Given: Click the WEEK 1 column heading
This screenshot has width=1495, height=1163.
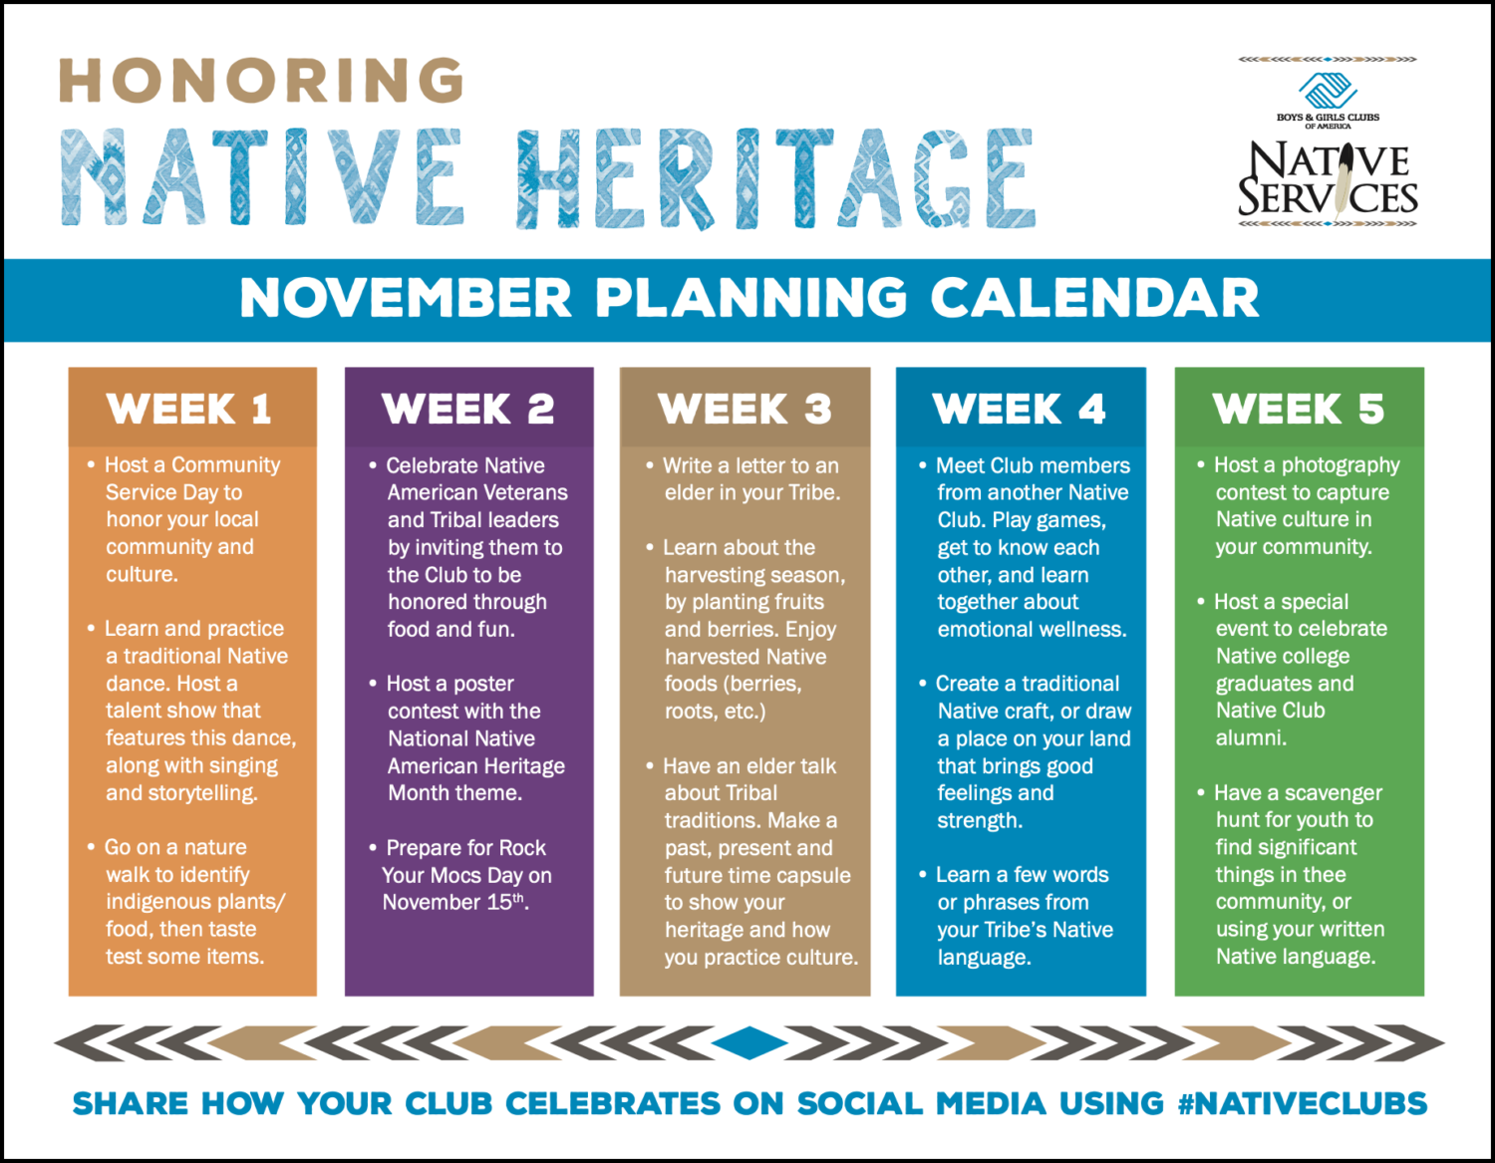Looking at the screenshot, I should (x=189, y=410).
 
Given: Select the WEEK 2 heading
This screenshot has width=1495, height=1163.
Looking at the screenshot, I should (x=468, y=410).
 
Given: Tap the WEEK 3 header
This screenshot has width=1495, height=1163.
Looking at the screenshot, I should (x=745, y=410).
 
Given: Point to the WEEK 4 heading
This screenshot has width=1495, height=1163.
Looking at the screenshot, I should (x=1020, y=410).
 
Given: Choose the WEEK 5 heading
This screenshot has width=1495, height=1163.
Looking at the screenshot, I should (x=1299, y=410).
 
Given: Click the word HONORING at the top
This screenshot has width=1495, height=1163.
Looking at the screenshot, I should (x=262, y=81).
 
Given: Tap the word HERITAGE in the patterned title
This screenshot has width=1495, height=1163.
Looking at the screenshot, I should (x=775, y=180).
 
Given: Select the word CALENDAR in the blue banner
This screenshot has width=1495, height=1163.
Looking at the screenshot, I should (x=1094, y=298).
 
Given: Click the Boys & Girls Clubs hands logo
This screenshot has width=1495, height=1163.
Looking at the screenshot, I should (x=1329, y=91).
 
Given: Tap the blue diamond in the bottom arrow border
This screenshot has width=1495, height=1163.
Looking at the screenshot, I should (x=749, y=1043).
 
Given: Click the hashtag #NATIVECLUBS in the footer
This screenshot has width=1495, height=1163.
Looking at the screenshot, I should (x=1302, y=1104).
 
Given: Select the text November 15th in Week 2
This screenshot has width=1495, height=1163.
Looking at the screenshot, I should (x=454, y=903).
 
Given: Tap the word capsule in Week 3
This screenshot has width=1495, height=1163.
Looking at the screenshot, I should (x=814, y=876).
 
